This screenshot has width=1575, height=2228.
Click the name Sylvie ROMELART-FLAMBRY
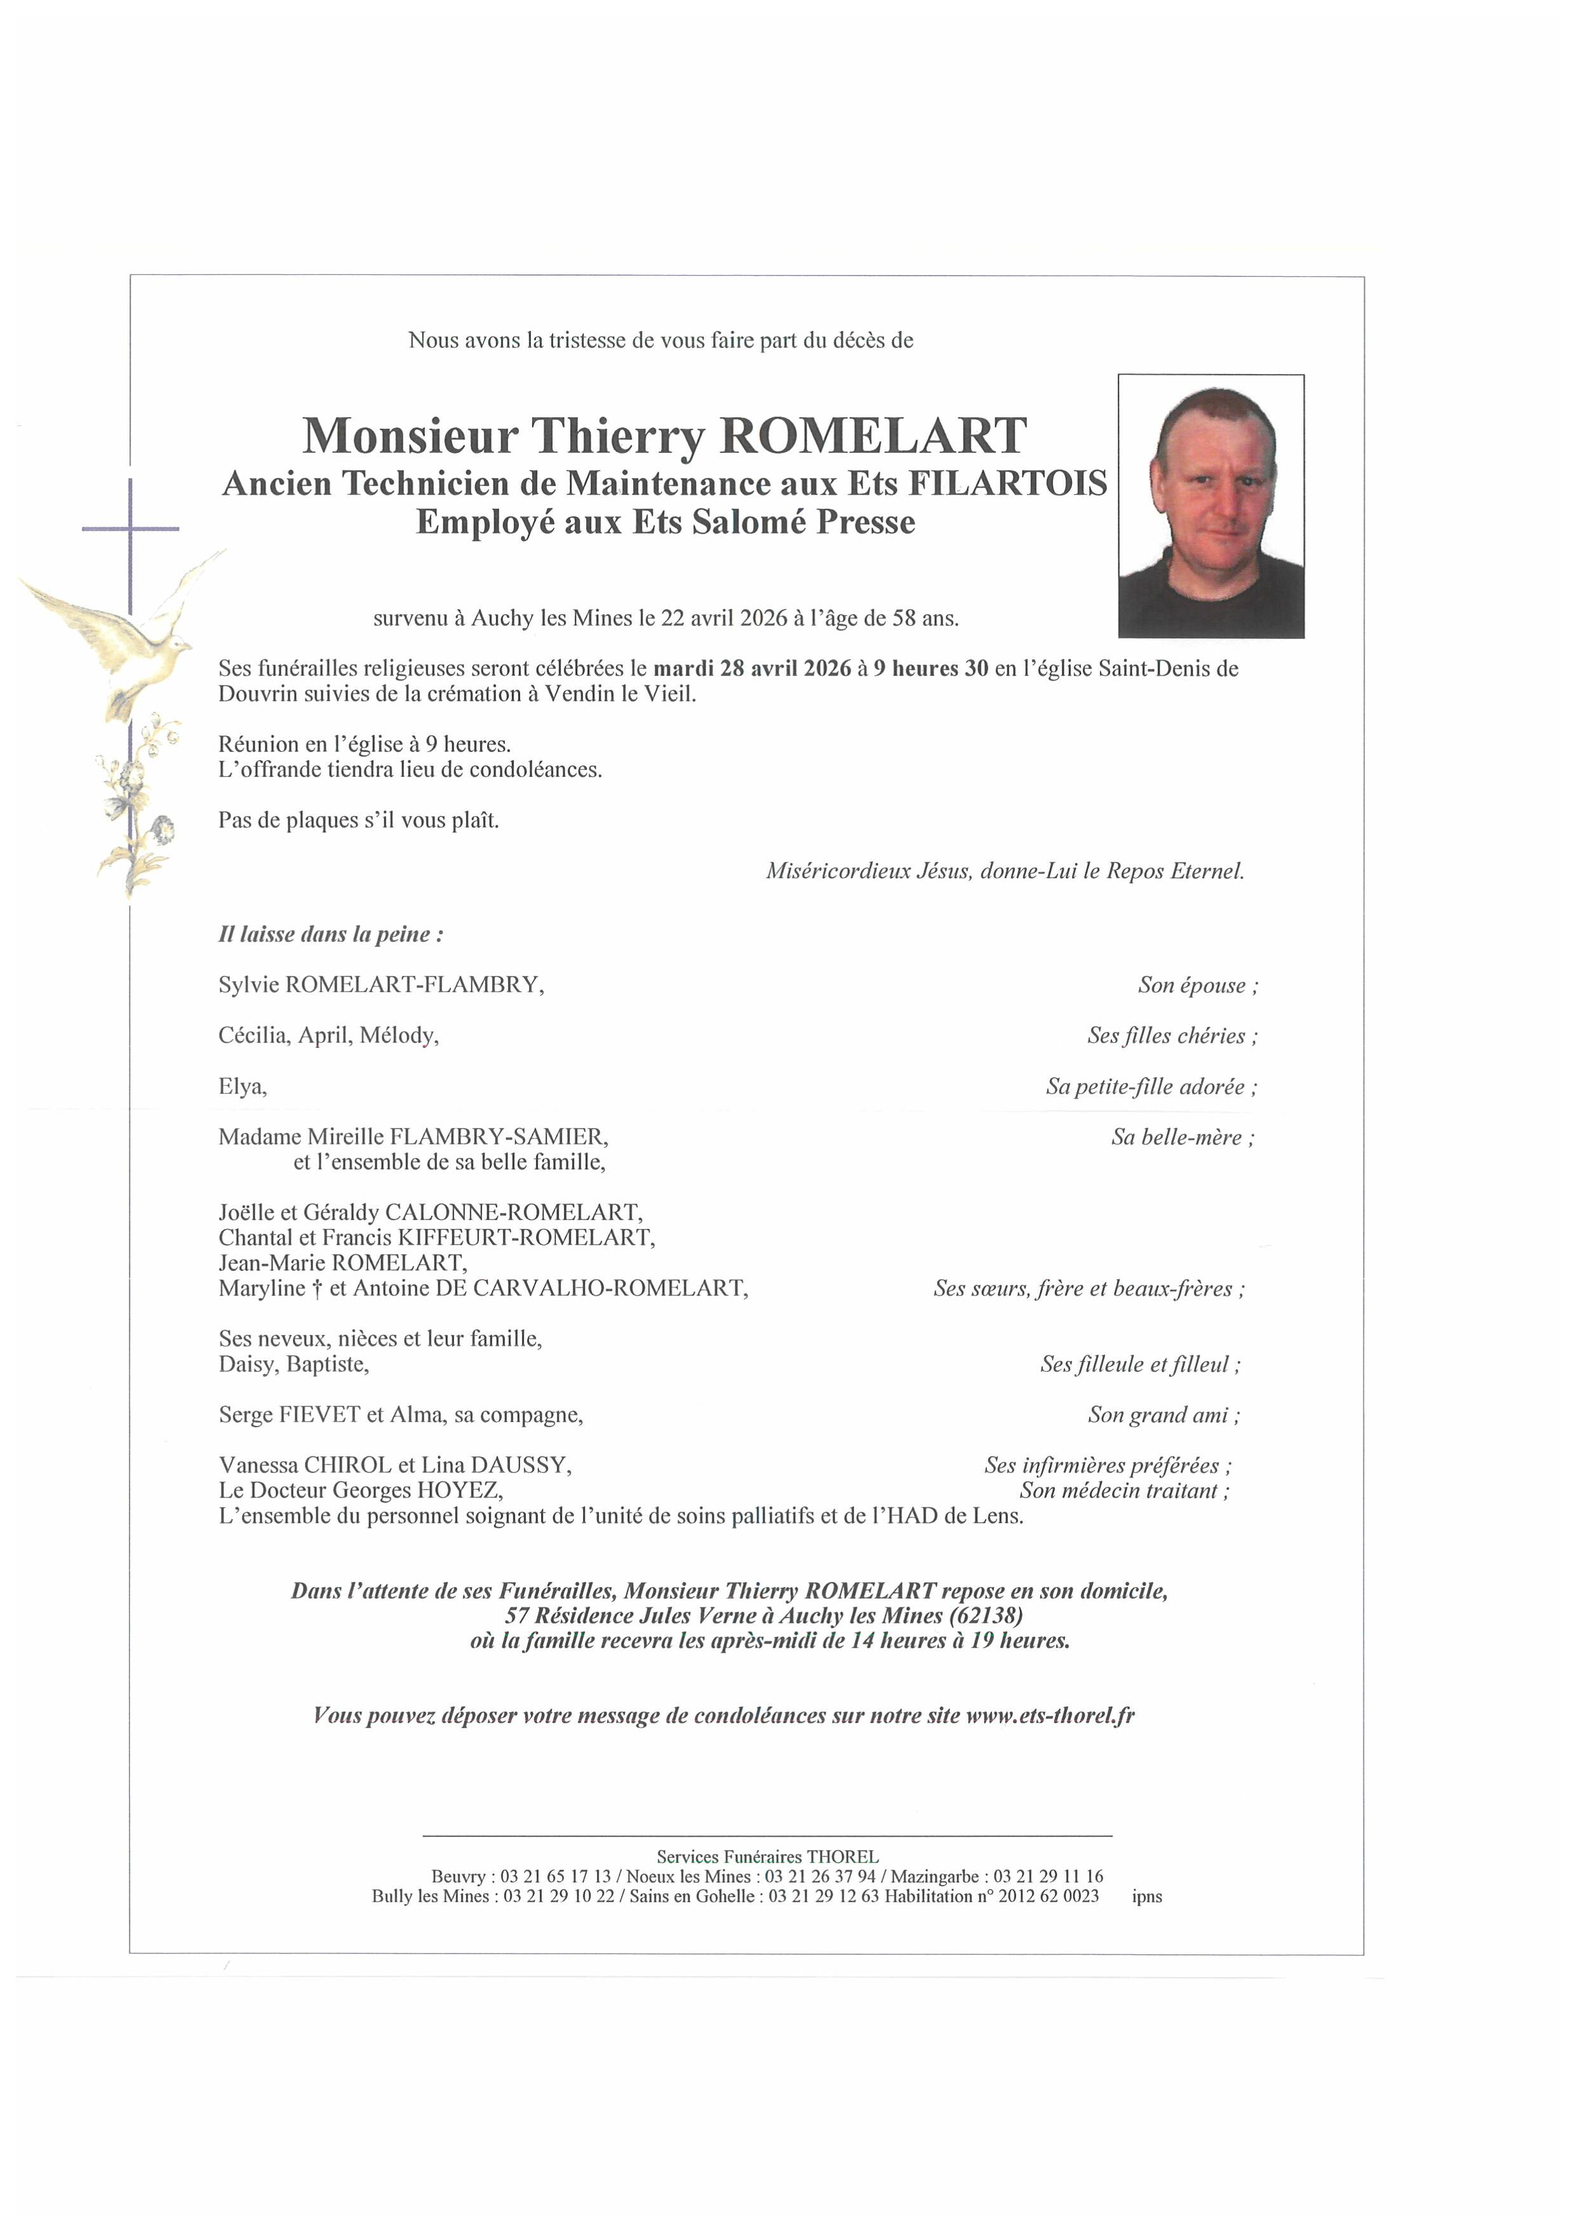point(380,985)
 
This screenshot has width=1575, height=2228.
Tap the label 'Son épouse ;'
point(1198,986)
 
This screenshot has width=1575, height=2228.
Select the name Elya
point(241,1087)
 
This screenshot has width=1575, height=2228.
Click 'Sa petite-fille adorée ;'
point(1151,1087)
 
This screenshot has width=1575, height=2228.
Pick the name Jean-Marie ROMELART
point(342,1263)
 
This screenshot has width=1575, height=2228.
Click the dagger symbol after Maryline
point(318,1289)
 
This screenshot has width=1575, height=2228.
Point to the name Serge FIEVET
point(288,1415)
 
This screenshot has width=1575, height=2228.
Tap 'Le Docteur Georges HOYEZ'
point(360,1491)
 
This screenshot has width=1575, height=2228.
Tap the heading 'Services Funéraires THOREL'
point(767,1857)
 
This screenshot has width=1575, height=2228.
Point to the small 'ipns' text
point(1146,1896)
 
